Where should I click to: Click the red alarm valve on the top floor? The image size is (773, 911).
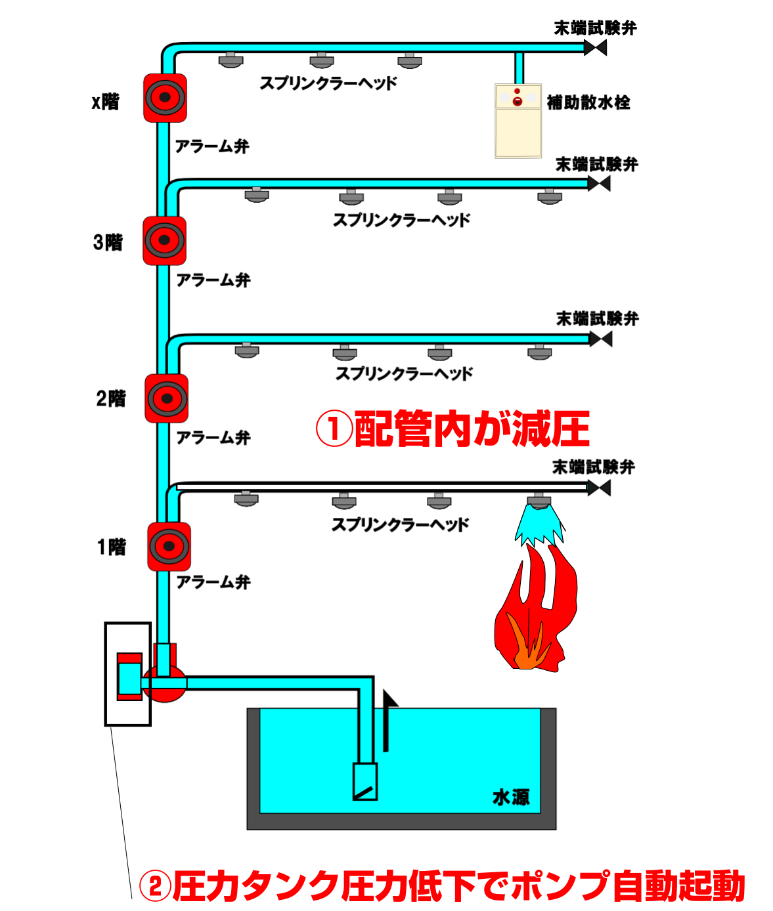[165, 98]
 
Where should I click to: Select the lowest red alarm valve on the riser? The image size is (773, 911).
[169, 546]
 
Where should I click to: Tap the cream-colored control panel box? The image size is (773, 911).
[518, 121]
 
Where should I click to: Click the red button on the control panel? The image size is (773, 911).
[518, 101]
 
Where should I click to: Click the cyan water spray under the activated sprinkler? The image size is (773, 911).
[539, 525]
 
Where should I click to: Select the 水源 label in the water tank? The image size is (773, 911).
[511, 797]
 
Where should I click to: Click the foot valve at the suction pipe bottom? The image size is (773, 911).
[365, 782]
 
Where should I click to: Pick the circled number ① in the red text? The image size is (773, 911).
[334, 429]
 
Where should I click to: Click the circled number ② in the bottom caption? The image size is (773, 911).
[155, 886]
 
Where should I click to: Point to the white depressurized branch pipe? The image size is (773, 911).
[381, 487]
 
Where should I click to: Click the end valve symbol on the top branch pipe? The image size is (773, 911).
[595, 47]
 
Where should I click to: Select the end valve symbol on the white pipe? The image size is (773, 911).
[599, 488]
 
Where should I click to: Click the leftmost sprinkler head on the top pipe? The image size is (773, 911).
[231, 60]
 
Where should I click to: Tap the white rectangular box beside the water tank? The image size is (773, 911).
[151, 773]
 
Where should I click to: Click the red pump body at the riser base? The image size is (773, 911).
[164, 684]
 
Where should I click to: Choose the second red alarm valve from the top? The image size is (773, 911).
[164, 240]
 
